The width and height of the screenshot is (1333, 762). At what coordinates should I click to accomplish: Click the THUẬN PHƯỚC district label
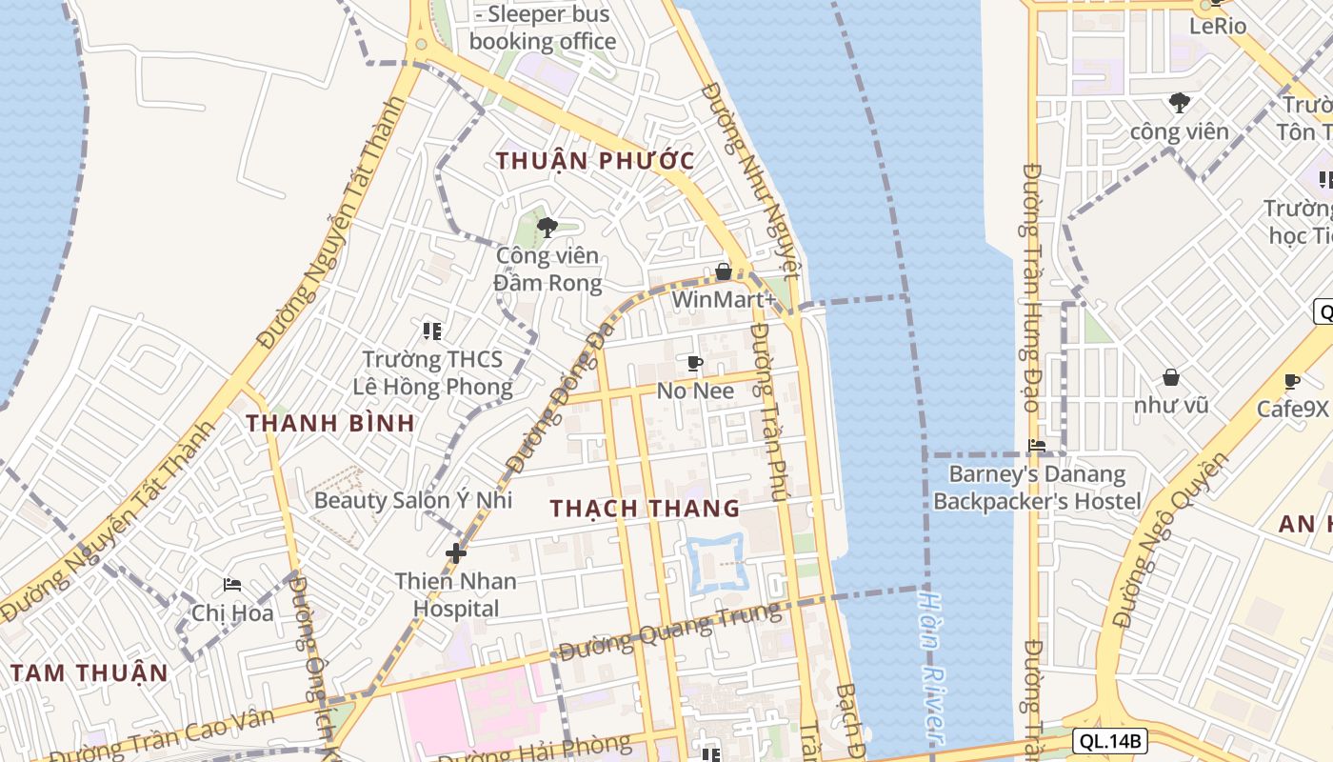tap(595, 160)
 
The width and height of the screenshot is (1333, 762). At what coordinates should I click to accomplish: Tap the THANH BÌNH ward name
tap(330, 423)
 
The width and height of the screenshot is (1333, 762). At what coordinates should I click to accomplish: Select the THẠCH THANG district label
tap(645, 508)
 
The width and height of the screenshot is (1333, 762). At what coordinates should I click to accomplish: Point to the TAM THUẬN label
tap(90, 672)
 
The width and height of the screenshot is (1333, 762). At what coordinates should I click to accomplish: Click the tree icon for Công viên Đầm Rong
tap(547, 227)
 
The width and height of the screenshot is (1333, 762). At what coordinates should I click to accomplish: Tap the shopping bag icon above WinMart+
tap(724, 271)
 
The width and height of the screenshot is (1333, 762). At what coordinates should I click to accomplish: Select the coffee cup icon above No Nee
tap(695, 363)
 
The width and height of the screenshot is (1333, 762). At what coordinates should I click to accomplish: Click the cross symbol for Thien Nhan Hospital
tap(456, 552)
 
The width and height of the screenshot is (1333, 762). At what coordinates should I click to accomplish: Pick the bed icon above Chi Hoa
tap(232, 585)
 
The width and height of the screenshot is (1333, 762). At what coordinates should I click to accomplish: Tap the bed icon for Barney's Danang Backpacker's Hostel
tap(1037, 445)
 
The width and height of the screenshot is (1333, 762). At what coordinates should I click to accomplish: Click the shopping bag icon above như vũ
tap(1170, 377)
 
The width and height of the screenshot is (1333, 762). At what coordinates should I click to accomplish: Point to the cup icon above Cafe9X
tap(1292, 381)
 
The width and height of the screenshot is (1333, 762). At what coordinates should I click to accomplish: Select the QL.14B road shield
tap(1109, 740)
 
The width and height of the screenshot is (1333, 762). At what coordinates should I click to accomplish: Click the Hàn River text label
tap(931, 667)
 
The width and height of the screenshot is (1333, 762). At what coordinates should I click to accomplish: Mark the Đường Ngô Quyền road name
tap(1169, 541)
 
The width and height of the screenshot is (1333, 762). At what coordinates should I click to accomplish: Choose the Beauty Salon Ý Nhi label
tap(413, 500)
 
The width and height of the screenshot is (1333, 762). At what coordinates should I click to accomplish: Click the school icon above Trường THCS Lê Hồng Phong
tap(432, 331)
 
